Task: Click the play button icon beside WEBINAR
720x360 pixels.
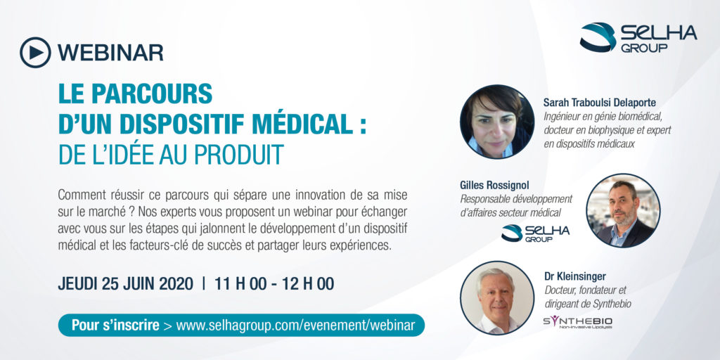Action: [x=35, y=52]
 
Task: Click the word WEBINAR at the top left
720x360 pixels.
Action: [x=110, y=53]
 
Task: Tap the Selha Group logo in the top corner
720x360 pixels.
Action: [x=638, y=37]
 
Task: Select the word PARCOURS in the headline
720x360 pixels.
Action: [x=152, y=94]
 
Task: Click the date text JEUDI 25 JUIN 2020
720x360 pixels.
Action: [x=125, y=284]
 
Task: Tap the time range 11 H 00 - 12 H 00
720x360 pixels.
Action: [x=274, y=284]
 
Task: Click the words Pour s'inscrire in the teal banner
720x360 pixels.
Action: [x=115, y=325]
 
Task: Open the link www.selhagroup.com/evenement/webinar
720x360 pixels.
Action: [x=296, y=325]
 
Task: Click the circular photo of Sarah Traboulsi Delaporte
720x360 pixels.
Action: [x=497, y=122]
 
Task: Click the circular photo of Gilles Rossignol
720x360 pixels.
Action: [x=623, y=211]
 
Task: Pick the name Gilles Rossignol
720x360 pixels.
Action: [x=494, y=185]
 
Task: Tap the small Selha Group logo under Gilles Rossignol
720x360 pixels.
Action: [x=535, y=233]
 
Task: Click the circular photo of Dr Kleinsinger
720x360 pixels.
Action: [x=497, y=298]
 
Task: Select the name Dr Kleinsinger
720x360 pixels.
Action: [x=574, y=276]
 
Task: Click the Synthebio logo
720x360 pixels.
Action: [x=578, y=322]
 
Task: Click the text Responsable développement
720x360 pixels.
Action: [x=516, y=199]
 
